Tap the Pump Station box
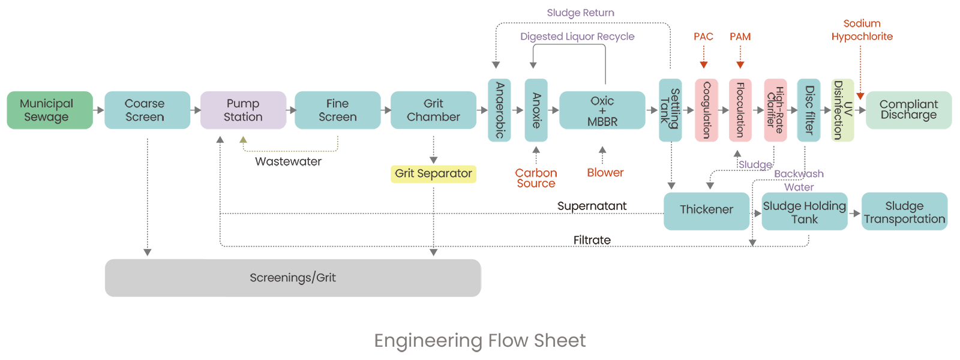click(243, 110)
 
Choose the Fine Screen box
click(337, 110)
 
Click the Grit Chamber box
click(433, 110)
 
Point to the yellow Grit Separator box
click(433, 174)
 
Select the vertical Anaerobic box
click(499, 110)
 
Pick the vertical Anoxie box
click(536, 110)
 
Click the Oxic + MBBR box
click(602, 110)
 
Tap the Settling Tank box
click(670, 110)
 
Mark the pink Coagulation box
click(706, 110)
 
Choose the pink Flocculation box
click(740, 110)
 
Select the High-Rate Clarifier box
click(775, 110)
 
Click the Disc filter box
click(809, 110)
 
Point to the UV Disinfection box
click(842, 110)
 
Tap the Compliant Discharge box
click(908, 110)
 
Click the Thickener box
click(706, 211)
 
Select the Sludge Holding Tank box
click(804, 212)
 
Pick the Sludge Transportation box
click(904, 212)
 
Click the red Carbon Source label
click(536, 178)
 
